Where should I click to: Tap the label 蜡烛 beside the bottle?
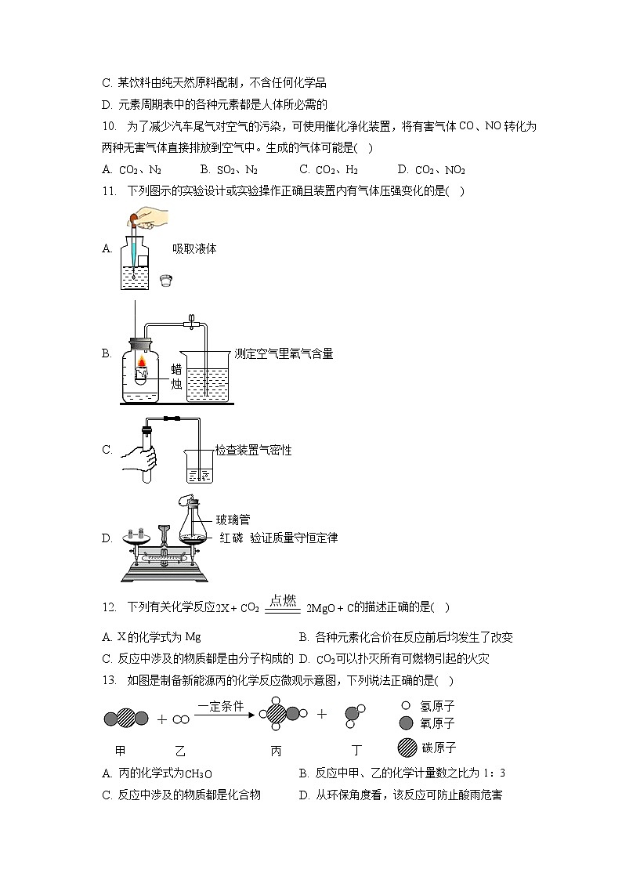176,376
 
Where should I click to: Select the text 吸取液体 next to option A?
194,249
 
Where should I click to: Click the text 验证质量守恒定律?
294,538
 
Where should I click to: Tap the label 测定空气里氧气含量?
284,354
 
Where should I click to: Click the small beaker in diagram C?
198,468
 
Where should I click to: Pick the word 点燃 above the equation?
282,601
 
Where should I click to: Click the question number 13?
109,680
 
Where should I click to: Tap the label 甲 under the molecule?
120,751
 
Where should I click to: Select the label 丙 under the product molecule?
276,751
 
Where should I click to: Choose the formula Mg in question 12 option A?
193,637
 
